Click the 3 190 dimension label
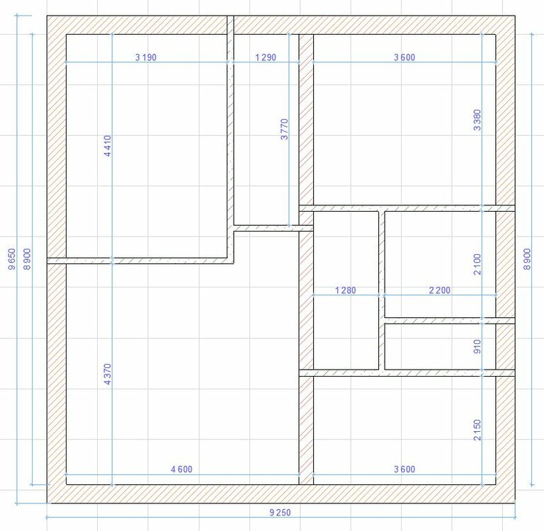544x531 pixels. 146,57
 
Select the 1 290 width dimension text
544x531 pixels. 266,57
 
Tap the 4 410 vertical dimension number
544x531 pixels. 108,146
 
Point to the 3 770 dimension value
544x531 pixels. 284,130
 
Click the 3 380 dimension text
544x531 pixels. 477,120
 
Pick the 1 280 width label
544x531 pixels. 346,290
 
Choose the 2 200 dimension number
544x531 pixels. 440,290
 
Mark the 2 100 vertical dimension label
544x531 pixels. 477,264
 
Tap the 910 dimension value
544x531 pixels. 477,346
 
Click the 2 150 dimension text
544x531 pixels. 477,430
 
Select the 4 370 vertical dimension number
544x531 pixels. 108,375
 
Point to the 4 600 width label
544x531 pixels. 181,469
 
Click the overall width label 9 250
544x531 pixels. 280,513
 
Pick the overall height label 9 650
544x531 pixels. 11,258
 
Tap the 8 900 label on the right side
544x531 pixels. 527,258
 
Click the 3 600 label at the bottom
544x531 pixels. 404,469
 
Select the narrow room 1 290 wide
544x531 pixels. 266,130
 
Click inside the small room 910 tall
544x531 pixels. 440,346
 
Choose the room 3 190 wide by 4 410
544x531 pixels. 147,146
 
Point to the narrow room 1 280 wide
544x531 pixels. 346,290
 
